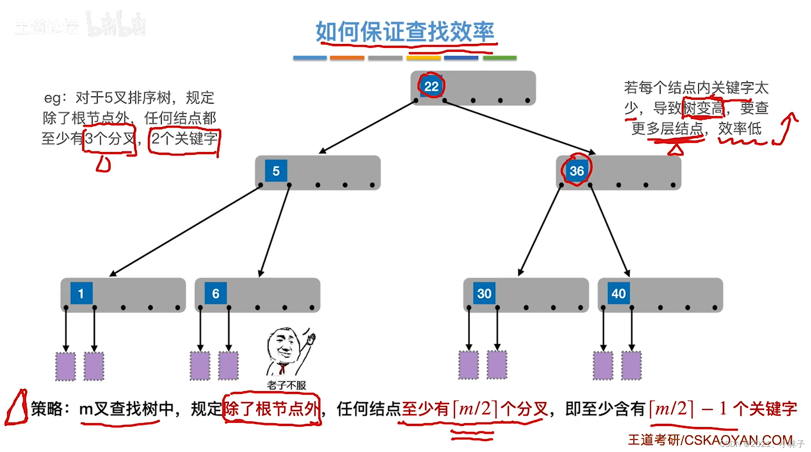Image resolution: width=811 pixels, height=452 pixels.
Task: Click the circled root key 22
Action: (431, 86)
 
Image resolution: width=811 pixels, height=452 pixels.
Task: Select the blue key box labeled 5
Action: (276, 171)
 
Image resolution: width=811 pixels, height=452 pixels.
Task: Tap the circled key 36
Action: (576, 171)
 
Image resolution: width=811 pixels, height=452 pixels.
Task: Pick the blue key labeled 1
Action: (81, 293)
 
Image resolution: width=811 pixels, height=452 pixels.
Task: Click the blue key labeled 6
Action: (216, 293)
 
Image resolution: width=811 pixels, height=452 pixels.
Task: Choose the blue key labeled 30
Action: (484, 293)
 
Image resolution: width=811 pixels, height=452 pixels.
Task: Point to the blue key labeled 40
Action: (618, 293)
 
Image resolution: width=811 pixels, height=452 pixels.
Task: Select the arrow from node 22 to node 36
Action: (519, 127)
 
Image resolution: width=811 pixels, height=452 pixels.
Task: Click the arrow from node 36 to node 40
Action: (610, 230)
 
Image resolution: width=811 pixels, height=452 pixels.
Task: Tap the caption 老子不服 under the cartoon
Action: (286, 385)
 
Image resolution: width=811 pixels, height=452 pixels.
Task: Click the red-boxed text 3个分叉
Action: (110, 139)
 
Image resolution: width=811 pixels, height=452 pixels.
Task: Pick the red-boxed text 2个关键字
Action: (184, 139)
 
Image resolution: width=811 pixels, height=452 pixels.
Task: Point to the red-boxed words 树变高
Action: (703, 108)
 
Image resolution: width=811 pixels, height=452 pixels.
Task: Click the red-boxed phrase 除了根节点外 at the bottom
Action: (272, 409)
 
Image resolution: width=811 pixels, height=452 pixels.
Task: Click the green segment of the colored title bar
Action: (499, 58)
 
